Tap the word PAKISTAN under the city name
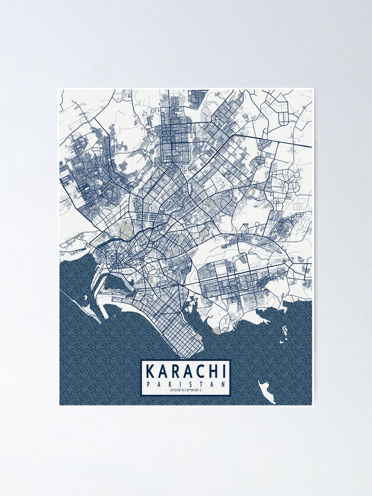point(186,384)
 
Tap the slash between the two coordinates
point(186,391)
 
